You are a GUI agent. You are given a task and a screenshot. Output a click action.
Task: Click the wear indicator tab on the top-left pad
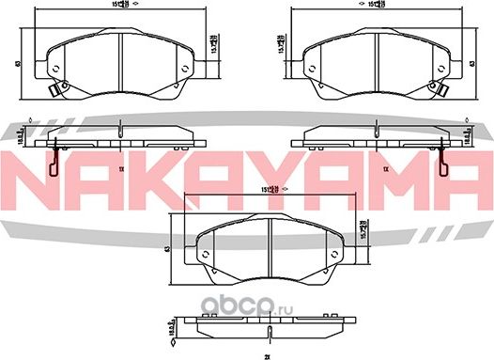(x=54, y=90)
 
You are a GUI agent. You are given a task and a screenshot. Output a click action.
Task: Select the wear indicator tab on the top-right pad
(x=438, y=90)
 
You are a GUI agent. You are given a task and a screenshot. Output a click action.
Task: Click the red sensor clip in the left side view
(x=54, y=162)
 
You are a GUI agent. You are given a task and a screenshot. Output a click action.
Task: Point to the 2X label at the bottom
(x=267, y=355)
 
